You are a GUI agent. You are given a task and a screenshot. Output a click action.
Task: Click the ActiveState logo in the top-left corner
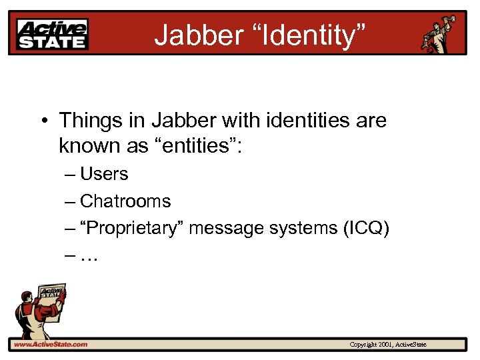tap(52, 34)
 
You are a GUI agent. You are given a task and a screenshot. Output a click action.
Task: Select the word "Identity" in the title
tap(297, 35)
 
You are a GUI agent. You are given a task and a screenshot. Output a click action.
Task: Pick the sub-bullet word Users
tap(104, 174)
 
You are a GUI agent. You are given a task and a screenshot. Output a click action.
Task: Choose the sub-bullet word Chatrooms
tap(125, 201)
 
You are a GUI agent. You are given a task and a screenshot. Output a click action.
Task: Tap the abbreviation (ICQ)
tap(366, 228)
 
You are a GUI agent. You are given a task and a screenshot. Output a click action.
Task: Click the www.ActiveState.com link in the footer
tap(51, 345)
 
